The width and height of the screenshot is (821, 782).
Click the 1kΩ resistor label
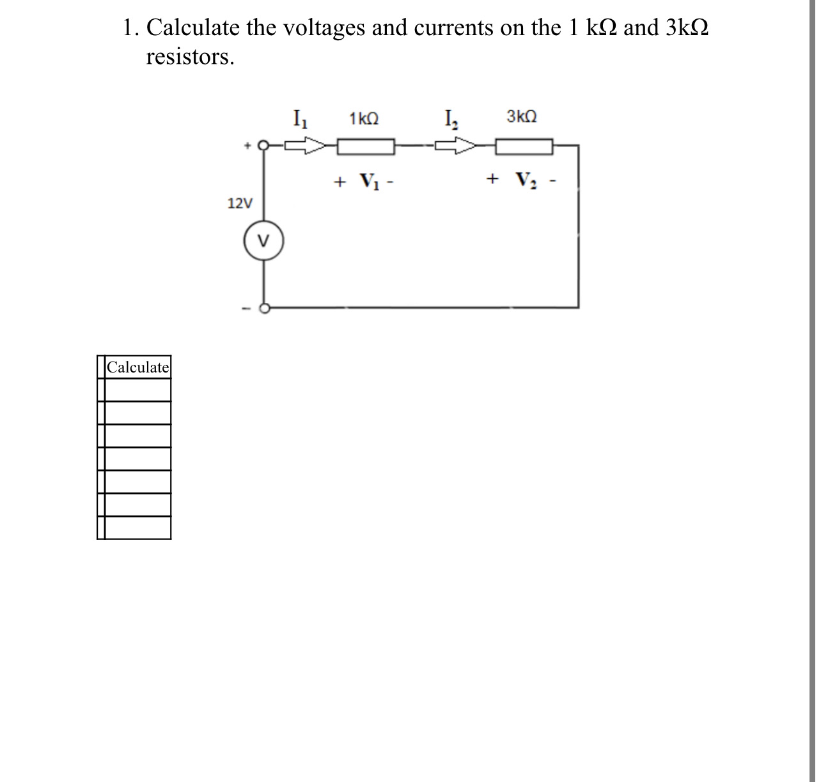click(x=364, y=118)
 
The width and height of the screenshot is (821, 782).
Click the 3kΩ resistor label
click(x=522, y=117)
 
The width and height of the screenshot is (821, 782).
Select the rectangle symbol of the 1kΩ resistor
click(x=366, y=148)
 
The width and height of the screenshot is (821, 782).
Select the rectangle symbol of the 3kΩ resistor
click(x=524, y=148)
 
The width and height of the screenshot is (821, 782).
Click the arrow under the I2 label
click(x=456, y=147)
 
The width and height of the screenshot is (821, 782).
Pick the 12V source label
click(x=240, y=204)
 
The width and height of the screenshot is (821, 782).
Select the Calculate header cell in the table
click(x=138, y=367)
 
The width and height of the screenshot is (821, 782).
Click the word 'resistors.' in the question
click(x=190, y=57)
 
